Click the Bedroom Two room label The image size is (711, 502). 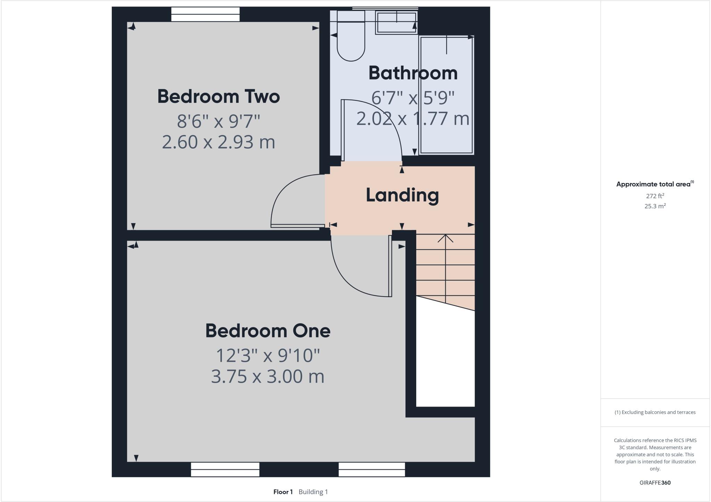coord(218,97)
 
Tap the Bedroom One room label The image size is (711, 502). coord(268,331)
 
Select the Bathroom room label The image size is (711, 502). coord(413,73)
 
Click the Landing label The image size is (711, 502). coord(402,195)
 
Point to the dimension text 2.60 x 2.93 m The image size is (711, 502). coord(218,142)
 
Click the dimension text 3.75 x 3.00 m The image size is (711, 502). coord(268,376)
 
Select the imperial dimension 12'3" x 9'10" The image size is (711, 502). coord(268,355)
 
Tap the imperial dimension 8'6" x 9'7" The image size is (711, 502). coord(218,121)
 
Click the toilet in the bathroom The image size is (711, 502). coord(351,38)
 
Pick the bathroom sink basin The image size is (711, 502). coord(396,23)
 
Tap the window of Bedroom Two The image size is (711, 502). coord(206,14)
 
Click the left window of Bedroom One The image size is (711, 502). coord(225,469)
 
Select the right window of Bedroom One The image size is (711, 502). coord(371,469)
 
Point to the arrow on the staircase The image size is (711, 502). coord(445,239)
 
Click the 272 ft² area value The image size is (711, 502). coord(655,196)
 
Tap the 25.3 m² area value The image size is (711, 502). coord(655,206)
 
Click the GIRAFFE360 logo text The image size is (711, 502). coord(655,483)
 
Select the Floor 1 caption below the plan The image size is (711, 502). coord(283,492)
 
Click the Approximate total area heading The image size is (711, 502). coord(653,184)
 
